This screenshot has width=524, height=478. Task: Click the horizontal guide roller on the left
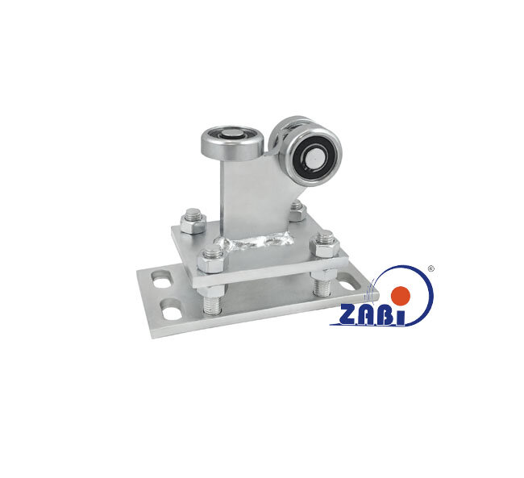tap(232, 143)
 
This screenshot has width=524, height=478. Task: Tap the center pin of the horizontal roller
tap(232, 135)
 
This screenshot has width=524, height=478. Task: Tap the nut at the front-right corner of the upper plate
tap(325, 245)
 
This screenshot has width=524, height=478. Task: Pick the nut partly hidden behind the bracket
tap(297, 210)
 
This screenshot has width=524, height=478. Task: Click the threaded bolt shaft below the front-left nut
tap(211, 301)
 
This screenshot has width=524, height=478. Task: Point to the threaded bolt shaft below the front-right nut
tap(322, 284)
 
